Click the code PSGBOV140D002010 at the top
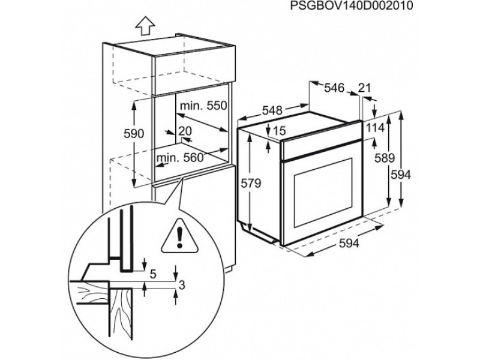pyautogui.click(x=351, y=6)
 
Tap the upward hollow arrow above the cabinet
pyautogui.click(x=145, y=26)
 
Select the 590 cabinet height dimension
pyautogui.click(x=134, y=134)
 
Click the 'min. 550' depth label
pyautogui.click(x=203, y=106)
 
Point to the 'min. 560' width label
pyautogui.click(x=179, y=158)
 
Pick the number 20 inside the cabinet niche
pyautogui.click(x=185, y=131)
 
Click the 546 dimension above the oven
pyautogui.click(x=334, y=88)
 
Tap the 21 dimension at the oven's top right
pyautogui.click(x=364, y=88)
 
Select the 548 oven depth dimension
pyautogui.click(x=272, y=110)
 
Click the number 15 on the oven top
pyautogui.click(x=279, y=131)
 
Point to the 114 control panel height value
pyautogui.click(x=376, y=128)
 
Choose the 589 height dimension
pyautogui.click(x=385, y=158)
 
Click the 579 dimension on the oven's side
pyautogui.click(x=251, y=184)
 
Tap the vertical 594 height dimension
pyautogui.click(x=400, y=175)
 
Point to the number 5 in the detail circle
pyautogui.click(x=154, y=274)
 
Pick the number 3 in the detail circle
pyautogui.click(x=182, y=286)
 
